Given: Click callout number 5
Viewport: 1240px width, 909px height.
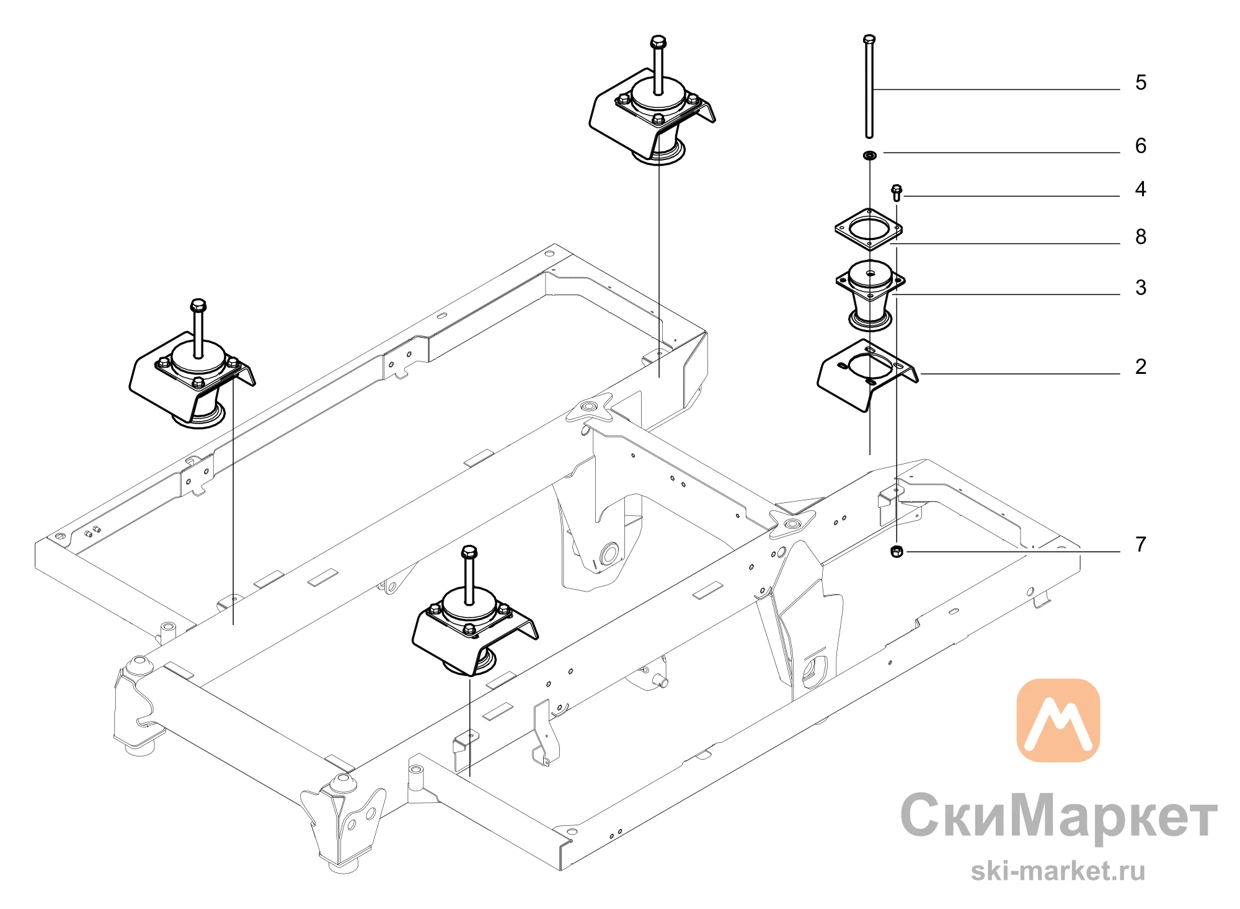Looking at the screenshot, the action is tap(1141, 82).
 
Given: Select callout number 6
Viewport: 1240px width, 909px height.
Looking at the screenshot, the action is tap(1141, 146).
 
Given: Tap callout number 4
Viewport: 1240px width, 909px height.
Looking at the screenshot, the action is tap(1141, 189).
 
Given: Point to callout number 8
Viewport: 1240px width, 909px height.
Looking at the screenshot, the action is tap(1141, 236).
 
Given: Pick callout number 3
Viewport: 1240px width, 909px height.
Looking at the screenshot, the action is tap(1141, 288).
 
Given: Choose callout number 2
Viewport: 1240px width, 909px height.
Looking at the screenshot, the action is tap(1141, 366).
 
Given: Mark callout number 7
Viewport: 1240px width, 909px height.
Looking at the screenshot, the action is tap(1141, 544).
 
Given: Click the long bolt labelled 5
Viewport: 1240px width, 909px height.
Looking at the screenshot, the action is tap(869, 86).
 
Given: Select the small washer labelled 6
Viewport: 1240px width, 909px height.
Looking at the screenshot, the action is tap(869, 155).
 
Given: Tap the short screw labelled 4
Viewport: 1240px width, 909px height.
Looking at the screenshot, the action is tap(897, 193).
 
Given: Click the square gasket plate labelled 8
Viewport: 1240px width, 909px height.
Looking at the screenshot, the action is tap(868, 229).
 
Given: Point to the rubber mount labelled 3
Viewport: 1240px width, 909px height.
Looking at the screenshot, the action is tap(870, 295).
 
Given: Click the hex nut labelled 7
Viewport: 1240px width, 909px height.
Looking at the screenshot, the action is tap(897, 551).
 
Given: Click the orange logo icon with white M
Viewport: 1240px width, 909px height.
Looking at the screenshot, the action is tap(1058, 720).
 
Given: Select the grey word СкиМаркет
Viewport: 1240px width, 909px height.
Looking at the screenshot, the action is tap(1059, 816).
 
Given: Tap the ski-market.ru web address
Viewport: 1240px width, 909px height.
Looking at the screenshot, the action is tap(1058, 871).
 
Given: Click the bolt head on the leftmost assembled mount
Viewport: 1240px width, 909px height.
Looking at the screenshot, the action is tap(198, 306).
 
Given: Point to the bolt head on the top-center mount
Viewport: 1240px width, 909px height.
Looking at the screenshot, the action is tap(658, 43).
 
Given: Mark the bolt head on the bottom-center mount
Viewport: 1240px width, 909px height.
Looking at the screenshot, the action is tap(469, 552).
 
